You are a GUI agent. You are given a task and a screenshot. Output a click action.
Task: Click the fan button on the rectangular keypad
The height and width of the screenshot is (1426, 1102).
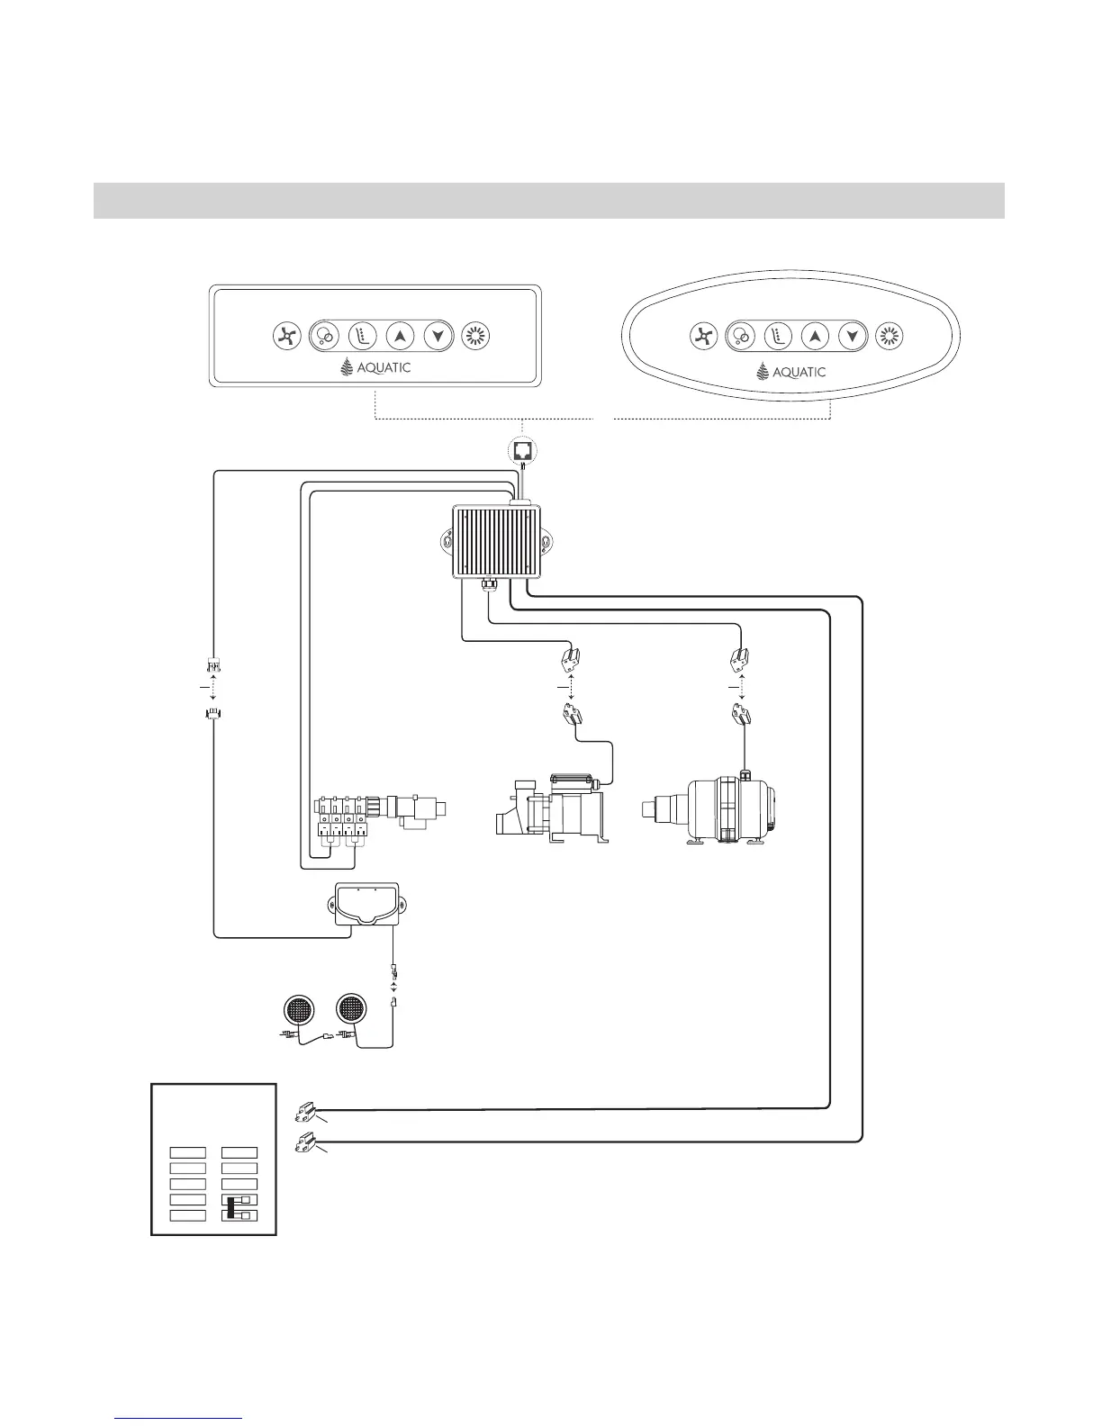(285, 337)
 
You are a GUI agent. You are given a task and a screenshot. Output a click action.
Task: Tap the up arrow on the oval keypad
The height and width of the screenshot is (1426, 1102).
(814, 336)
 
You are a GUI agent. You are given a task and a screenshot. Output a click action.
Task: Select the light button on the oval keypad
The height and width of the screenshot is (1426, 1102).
(889, 336)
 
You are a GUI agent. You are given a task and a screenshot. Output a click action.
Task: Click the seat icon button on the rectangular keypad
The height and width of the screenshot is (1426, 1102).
(361, 337)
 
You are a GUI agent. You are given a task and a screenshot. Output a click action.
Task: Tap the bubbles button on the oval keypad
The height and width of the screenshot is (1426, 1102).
(740, 336)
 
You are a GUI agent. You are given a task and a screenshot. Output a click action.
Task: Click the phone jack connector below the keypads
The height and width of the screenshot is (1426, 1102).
(523, 449)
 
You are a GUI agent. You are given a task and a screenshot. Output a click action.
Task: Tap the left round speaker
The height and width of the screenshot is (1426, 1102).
(299, 1008)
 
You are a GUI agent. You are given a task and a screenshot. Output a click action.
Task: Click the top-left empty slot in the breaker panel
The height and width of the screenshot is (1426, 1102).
(187, 1152)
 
